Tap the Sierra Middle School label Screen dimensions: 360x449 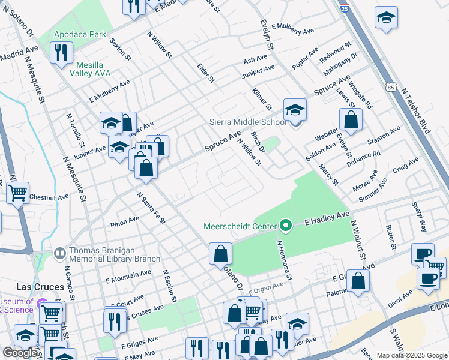248,122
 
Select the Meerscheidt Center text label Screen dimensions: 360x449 240,226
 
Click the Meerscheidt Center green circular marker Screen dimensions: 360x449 286,226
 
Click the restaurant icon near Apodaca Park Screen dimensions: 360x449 61,53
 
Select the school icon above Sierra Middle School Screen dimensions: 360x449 295,110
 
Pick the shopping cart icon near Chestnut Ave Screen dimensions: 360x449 18,193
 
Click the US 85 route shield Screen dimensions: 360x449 391,88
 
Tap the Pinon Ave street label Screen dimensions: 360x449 125,223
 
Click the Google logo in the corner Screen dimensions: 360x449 20,353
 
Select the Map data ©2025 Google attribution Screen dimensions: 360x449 411,355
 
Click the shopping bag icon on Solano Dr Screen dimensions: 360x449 220,254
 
